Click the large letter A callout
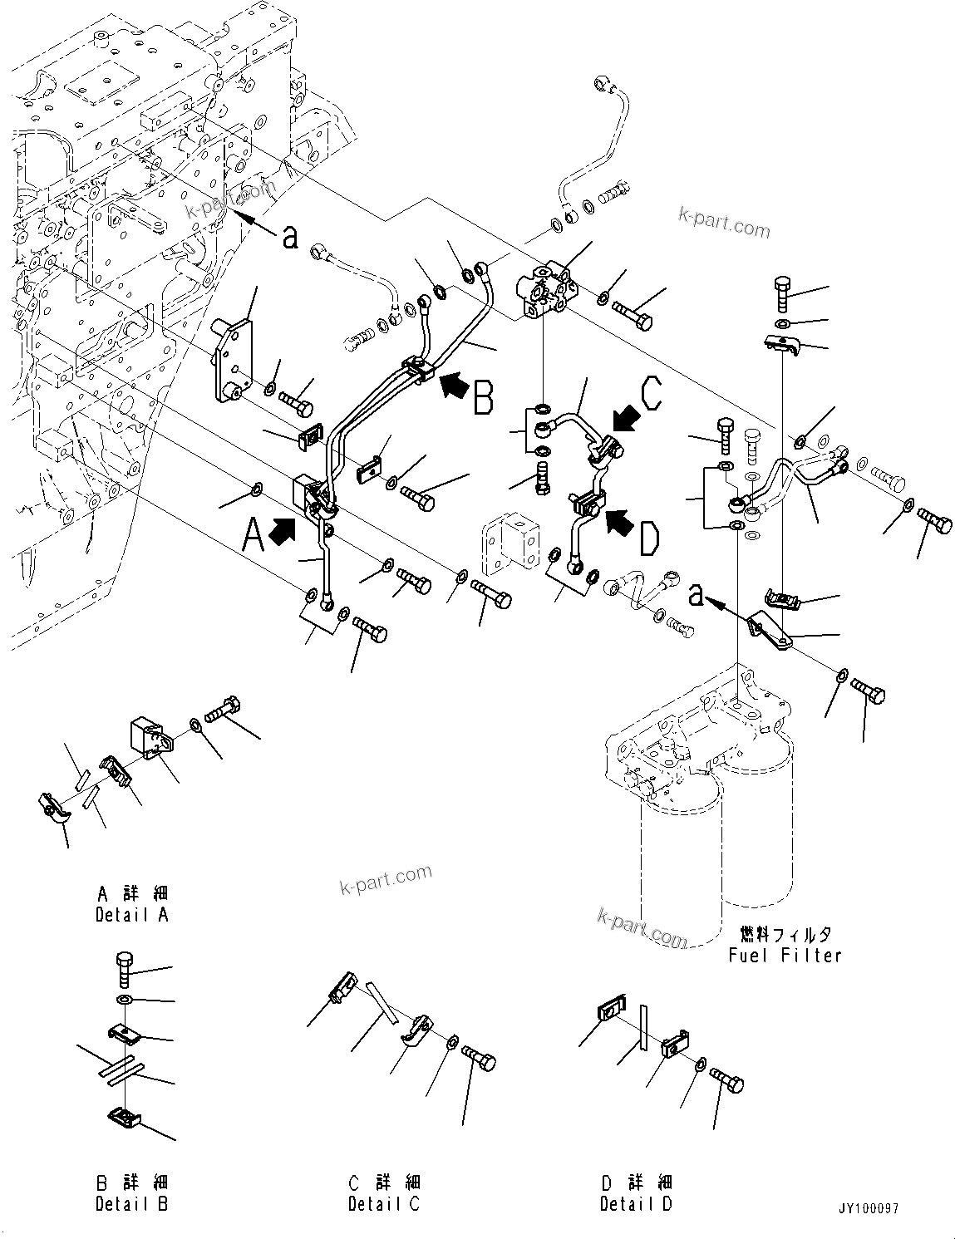click(x=254, y=534)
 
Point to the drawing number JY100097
click(x=869, y=1209)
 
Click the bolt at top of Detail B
click(x=123, y=969)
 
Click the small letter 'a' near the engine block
click(x=290, y=238)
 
